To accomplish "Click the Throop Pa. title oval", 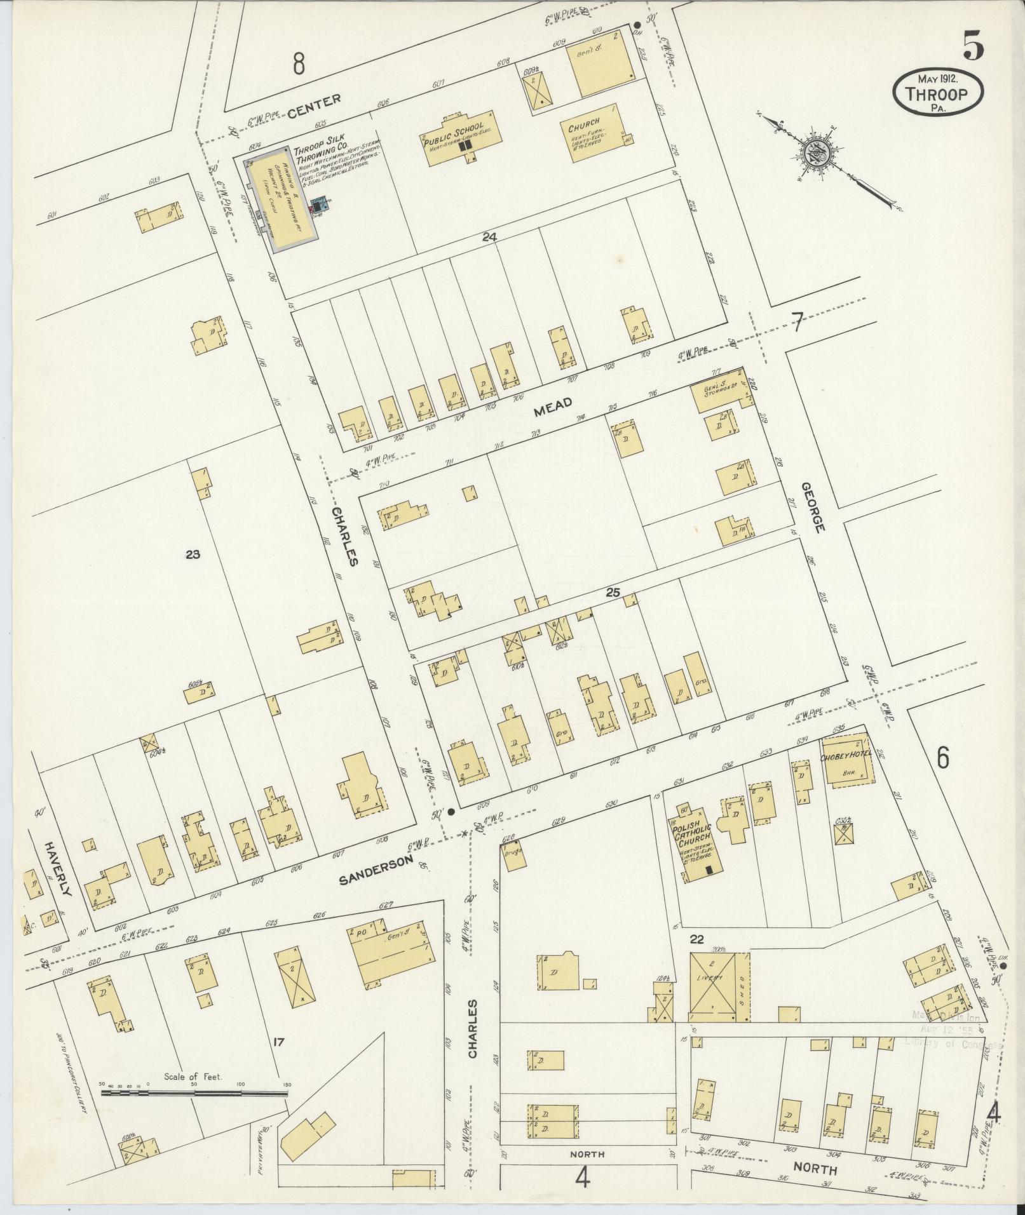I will coord(938,93).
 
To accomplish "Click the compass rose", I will coord(815,154).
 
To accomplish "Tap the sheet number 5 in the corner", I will coord(973,46).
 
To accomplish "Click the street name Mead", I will coord(553,406).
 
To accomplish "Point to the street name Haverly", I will coord(55,868).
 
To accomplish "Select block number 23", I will coord(193,554).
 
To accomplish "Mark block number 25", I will coord(612,592).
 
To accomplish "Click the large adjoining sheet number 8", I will coord(299,64).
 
